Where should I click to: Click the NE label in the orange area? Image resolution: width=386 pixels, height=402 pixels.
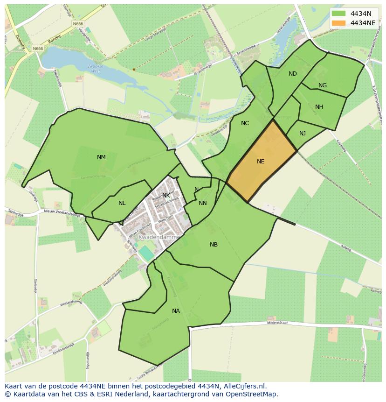(x=261, y=162)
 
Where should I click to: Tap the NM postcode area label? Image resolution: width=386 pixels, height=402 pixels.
(x=101, y=157)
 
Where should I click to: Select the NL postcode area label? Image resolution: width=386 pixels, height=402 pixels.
(x=122, y=203)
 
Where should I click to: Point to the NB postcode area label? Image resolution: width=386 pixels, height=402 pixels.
(x=214, y=245)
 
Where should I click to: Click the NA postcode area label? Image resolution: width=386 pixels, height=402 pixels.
(x=176, y=311)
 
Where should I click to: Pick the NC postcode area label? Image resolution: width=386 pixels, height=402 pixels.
(x=245, y=123)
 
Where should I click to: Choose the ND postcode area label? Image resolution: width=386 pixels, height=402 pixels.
(x=292, y=74)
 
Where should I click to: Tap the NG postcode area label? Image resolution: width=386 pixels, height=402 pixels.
(x=322, y=85)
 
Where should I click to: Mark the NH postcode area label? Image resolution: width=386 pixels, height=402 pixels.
(x=319, y=107)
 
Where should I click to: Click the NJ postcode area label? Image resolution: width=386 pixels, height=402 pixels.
(x=303, y=134)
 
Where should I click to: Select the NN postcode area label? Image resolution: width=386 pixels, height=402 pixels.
(x=202, y=203)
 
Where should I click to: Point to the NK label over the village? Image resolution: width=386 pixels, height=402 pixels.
(x=166, y=195)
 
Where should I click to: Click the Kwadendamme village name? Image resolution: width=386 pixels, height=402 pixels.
(x=159, y=237)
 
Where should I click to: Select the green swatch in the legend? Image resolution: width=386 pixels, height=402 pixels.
(x=339, y=14)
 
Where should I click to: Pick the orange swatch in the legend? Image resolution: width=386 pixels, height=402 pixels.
(x=339, y=22)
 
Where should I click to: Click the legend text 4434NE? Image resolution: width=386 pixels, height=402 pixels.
(x=363, y=22)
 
